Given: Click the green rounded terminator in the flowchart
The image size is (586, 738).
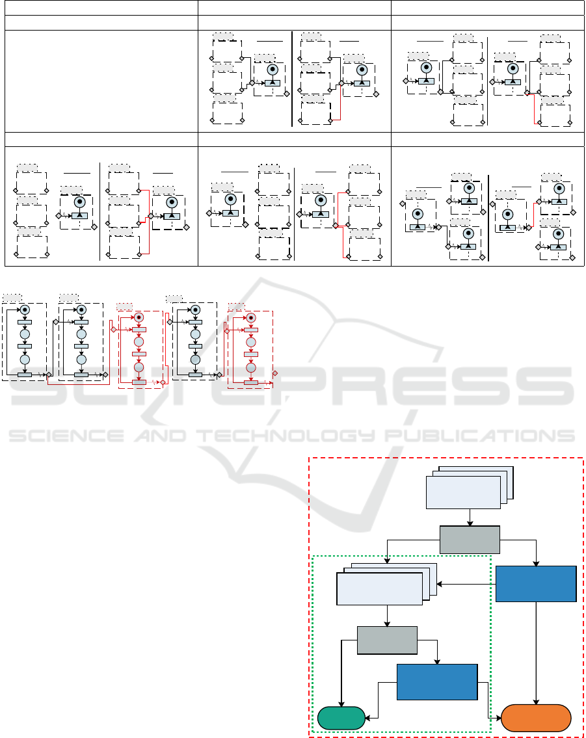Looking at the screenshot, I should coord(341,718).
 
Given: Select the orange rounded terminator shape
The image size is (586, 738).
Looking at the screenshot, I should coord(537,718).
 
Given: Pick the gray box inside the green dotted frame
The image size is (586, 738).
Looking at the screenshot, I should coord(387,640).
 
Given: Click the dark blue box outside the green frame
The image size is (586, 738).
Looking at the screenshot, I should coord(536,583).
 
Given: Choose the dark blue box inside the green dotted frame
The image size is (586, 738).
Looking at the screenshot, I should coord(437,682).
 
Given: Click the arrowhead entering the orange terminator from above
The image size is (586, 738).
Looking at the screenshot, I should coord(536,702).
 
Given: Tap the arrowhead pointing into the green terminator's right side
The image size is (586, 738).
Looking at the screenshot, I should coord(368,718).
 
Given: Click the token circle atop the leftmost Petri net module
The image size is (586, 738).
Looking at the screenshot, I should coord(25,310).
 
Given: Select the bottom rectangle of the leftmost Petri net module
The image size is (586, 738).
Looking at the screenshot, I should coord(25,375).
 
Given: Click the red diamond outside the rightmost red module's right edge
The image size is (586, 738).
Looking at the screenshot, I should coord(275,373).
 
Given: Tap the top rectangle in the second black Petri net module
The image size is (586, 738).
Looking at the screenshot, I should coord(81,322).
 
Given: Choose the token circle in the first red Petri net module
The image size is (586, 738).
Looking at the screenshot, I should coord(139,317).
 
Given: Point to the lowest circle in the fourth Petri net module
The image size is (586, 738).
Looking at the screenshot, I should coord(194,360).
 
